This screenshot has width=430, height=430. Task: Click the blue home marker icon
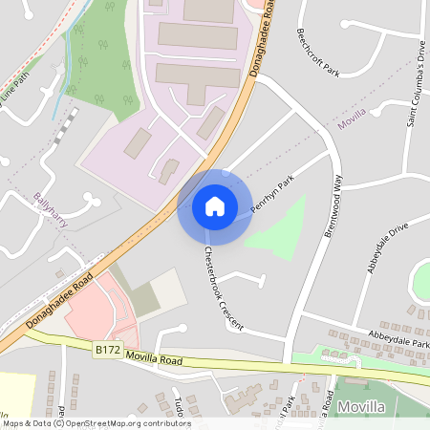[215, 206]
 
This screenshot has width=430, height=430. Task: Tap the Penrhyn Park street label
[271, 194]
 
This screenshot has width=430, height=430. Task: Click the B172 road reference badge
[108, 352]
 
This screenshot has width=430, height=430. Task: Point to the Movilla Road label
[154, 360]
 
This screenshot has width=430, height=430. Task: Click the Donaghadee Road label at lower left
[60, 299]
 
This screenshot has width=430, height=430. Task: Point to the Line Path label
[17, 91]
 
